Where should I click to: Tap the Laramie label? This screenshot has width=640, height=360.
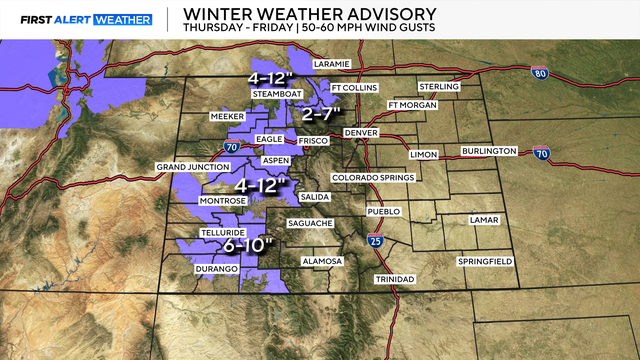332,64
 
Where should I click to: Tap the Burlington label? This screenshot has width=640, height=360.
489,151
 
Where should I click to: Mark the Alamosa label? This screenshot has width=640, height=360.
323,262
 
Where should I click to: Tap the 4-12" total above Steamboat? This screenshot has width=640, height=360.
272,78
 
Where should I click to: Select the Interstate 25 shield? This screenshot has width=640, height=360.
374,241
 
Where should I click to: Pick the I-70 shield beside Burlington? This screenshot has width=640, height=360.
543,153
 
